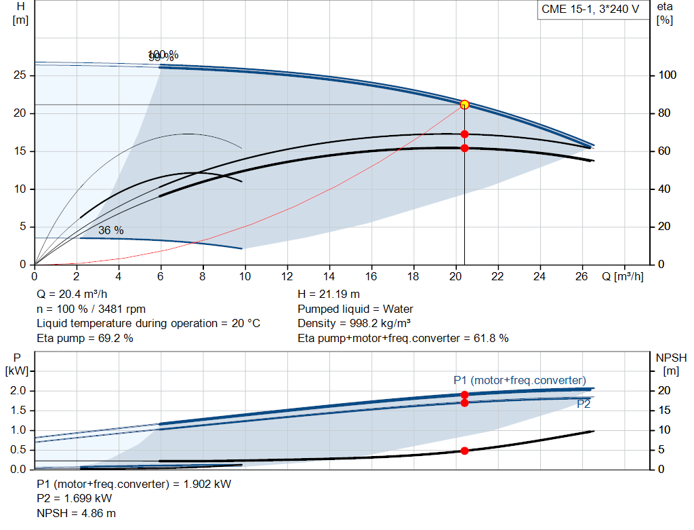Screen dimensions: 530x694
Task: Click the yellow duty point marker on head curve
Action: (464, 105)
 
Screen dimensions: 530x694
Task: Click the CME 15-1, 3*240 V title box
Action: (590, 10)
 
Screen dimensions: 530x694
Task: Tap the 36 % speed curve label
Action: (111, 231)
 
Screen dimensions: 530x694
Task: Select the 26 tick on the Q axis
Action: (582, 276)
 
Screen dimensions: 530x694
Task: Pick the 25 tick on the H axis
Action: (20, 75)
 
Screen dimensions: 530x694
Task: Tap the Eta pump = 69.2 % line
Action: (85, 338)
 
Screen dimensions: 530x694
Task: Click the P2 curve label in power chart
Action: (584, 404)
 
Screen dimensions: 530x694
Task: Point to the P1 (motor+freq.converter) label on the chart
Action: (520, 380)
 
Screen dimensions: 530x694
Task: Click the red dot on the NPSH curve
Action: (464, 451)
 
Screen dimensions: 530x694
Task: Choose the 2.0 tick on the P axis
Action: (18, 391)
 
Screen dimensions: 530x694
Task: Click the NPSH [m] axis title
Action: (671, 363)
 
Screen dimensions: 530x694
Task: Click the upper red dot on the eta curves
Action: (464, 134)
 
